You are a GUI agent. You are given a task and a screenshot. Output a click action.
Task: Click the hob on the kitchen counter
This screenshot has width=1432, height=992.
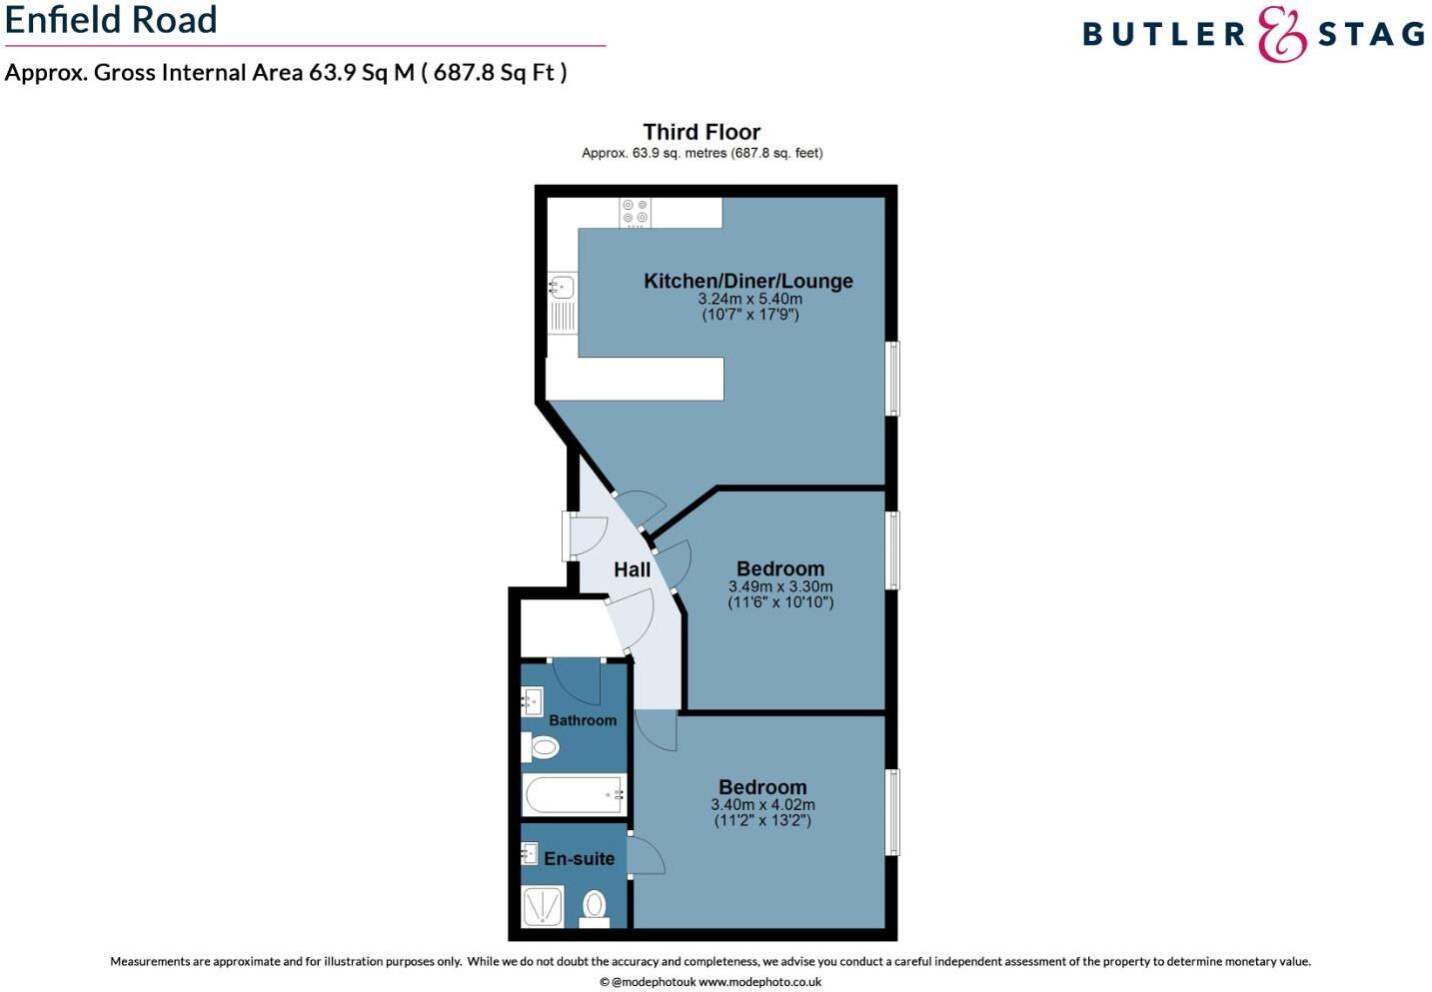pos(635,212)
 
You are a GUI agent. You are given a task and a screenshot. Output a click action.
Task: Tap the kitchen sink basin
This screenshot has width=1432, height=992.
pos(562,288)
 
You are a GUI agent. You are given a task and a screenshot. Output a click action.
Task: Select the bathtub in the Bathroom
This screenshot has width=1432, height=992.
pos(574,795)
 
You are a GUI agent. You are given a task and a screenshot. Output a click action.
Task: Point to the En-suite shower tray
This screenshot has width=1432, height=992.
pos(544,906)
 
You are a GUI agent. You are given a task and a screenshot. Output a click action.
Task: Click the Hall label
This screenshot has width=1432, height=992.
pos(632,569)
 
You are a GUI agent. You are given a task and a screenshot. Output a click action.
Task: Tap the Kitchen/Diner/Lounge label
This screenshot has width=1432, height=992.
pos(747,281)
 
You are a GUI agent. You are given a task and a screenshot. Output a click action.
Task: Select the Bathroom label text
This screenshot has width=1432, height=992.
pos(583,720)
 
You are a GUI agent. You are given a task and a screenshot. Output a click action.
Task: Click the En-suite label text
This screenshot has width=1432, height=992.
pos(579,858)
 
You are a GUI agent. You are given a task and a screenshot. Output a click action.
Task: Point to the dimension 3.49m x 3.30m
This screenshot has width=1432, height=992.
pos(780,586)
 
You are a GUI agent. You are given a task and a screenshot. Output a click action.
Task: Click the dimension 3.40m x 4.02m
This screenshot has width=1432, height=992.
pos(762,804)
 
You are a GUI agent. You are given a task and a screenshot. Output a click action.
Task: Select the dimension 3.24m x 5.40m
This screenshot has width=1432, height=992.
pos(749,299)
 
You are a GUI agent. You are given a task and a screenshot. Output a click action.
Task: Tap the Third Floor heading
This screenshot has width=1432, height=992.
pos(702,132)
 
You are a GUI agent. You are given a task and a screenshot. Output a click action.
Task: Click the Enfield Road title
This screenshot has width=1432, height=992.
pos(111,20)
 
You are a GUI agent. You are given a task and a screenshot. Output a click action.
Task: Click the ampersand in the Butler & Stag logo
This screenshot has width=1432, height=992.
pos(1281,34)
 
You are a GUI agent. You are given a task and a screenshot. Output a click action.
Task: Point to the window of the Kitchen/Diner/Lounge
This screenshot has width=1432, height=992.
pos(893,379)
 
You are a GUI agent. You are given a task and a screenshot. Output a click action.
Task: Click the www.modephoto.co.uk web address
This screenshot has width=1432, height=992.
pos(759,982)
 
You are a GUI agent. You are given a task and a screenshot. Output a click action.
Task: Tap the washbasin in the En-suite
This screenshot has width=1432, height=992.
pos(530,853)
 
